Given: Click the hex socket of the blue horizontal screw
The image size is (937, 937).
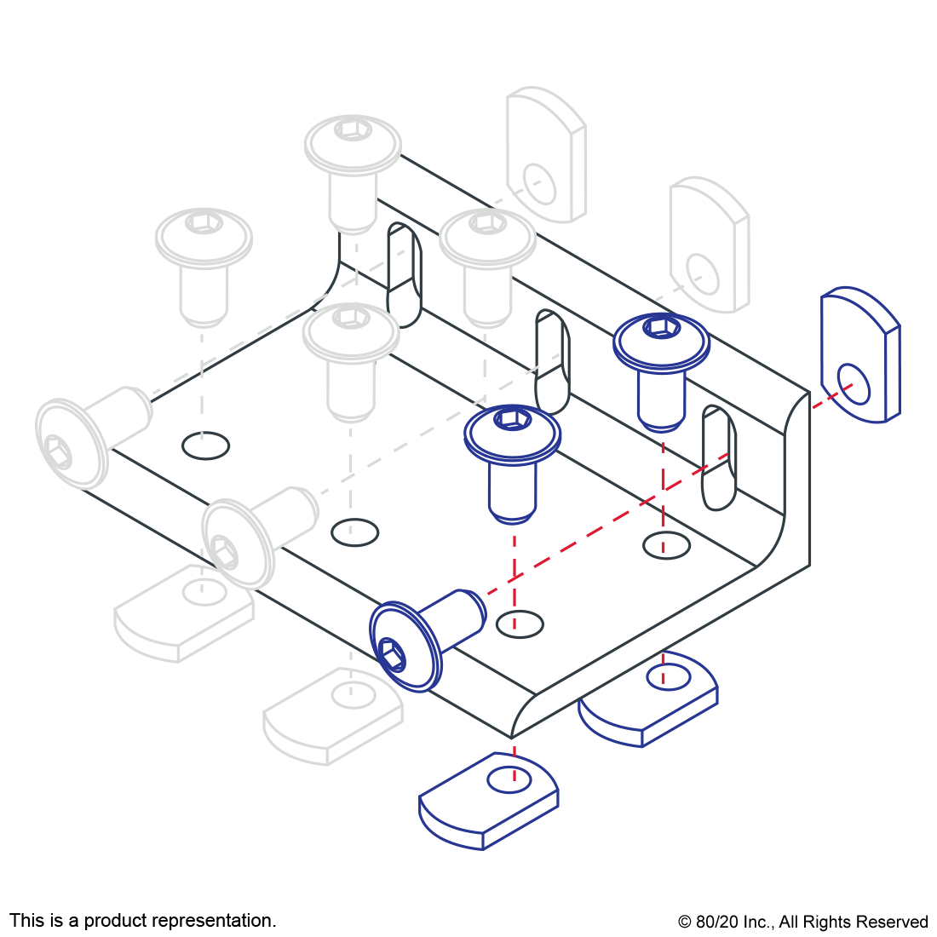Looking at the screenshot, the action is pyautogui.click(x=392, y=653).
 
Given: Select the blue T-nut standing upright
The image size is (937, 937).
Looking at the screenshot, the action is pyautogui.click(x=860, y=355).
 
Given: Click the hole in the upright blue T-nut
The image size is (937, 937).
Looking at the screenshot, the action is pyautogui.click(x=854, y=384).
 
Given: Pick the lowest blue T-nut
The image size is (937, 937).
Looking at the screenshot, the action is pyautogui.click(x=489, y=801).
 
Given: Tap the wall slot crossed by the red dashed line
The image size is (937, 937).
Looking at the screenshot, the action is pyautogui.click(x=719, y=457).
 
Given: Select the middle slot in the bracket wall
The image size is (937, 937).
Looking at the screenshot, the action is pyautogui.click(x=552, y=362).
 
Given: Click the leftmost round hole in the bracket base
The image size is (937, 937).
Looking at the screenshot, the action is pyautogui.click(x=205, y=446).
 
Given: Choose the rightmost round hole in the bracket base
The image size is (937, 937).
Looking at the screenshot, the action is pyautogui.click(x=666, y=545).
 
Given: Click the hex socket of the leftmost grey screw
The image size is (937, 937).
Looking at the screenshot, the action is pyautogui.click(x=58, y=451).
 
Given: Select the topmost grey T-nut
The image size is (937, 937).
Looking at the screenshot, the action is pyautogui.click(x=546, y=155).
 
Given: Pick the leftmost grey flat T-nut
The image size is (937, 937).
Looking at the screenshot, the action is pyautogui.click(x=184, y=613).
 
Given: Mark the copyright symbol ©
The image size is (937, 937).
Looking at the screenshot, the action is pyautogui.click(x=685, y=922).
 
